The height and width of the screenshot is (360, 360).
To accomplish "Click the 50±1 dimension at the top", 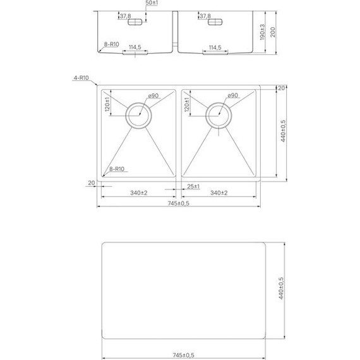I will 152,4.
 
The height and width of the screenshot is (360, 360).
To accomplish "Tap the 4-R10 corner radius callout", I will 81,78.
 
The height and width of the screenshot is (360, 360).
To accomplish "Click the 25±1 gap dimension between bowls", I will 193,187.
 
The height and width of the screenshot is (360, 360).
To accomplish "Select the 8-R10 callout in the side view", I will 111,45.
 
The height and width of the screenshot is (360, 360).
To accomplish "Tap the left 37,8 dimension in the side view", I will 125,16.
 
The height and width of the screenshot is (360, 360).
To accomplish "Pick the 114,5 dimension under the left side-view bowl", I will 135,47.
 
